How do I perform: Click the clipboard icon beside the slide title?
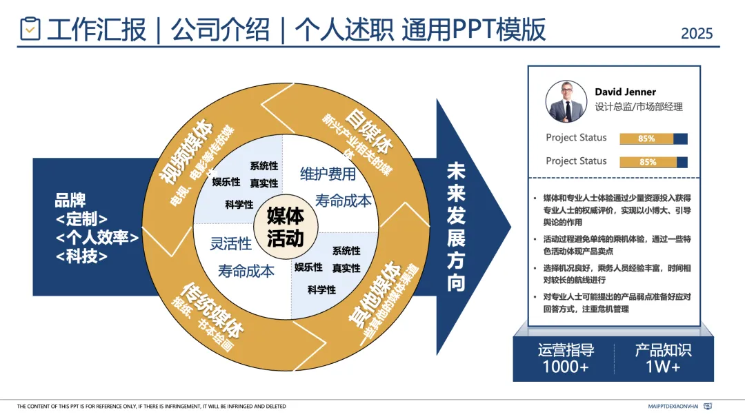[30, 28]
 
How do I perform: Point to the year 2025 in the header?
[696, 33]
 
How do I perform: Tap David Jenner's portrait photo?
[566, 101]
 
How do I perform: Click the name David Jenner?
[625, 92]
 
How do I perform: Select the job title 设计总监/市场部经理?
[638, 107]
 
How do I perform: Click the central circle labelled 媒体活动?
[285, 227]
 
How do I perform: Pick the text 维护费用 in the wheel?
[328, 174]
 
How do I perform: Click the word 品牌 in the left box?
[70, 201]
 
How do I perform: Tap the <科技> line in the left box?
[81, 256]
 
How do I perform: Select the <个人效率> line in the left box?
[97, 238]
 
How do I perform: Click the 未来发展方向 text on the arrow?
[456, 227]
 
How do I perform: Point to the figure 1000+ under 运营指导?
[566, 367]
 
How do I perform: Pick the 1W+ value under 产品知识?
[663, 367]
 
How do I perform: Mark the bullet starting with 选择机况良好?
[617, 272]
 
